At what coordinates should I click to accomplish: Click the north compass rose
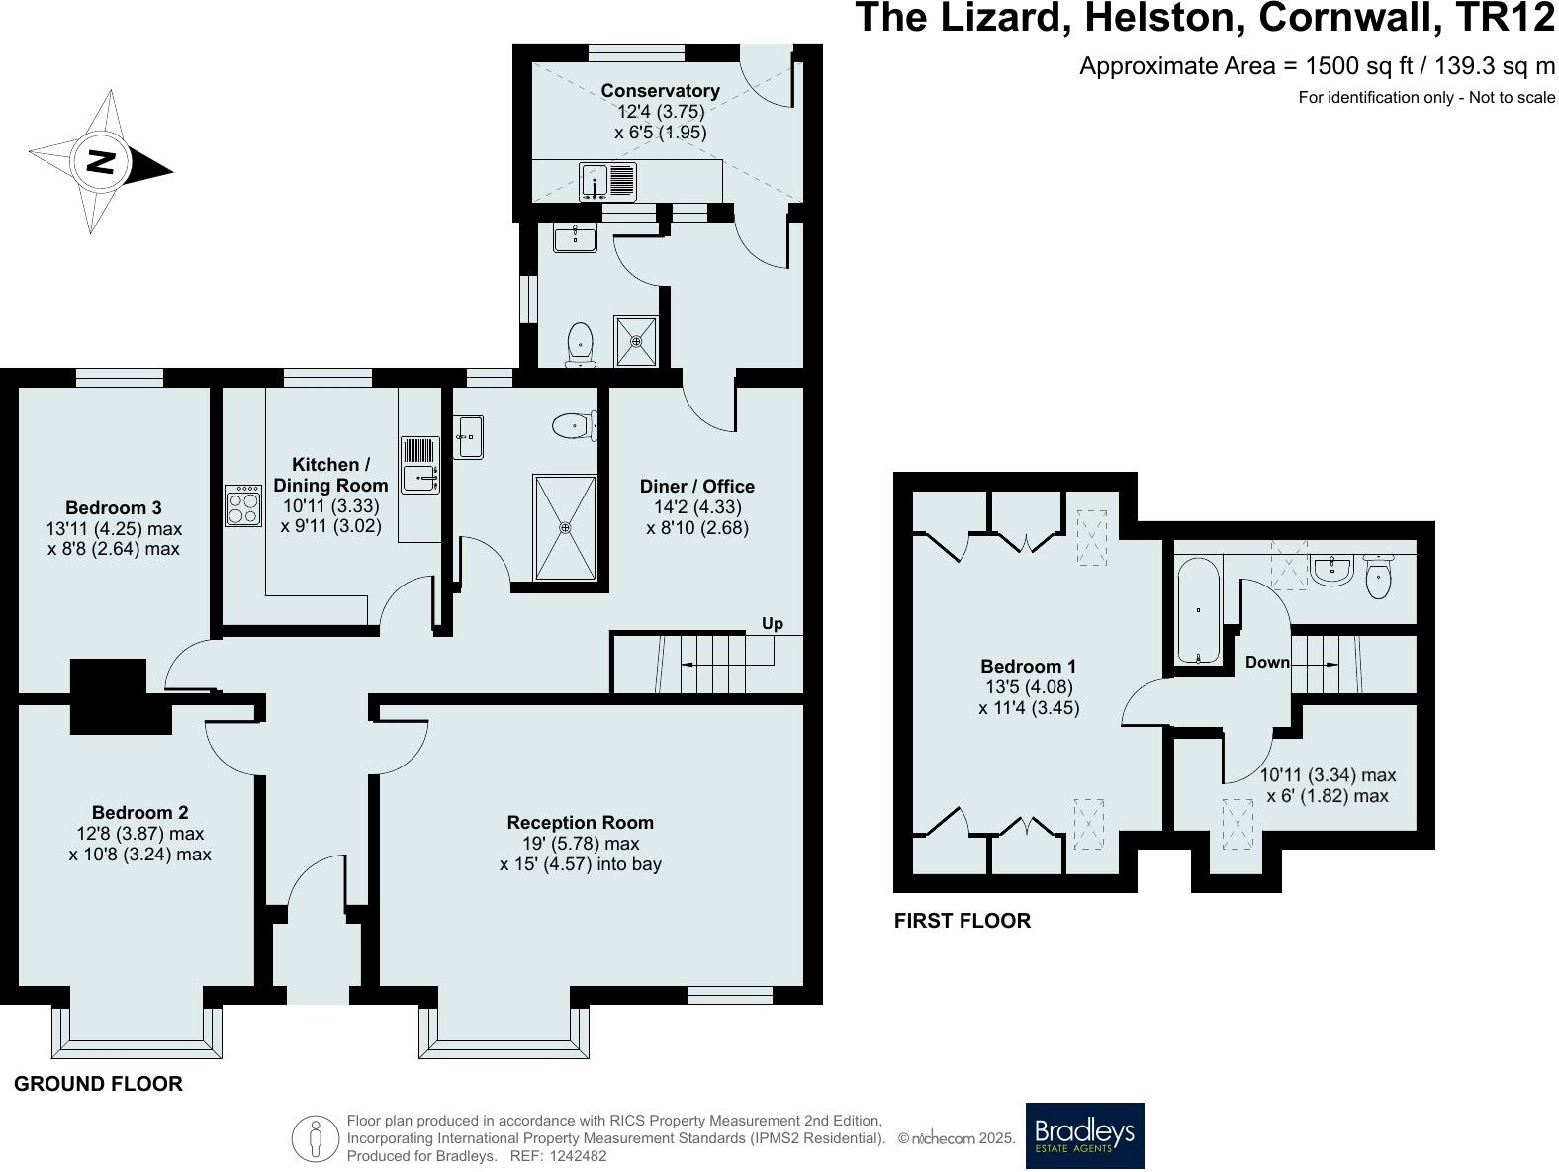tap(100, 162)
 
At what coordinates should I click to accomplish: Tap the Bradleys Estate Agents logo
tap(1084, 1134)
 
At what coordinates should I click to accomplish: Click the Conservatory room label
tap(660, 91)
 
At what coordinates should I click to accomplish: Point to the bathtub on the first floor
tap(1198, 610)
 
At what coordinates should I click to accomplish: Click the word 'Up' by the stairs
tap(772, 623)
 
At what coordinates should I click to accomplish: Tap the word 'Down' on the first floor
tap(1267, 663)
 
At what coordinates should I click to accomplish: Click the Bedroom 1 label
tap(1028, 667)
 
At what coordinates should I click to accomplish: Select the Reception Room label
tap(580, 822)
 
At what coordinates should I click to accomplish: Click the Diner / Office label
tap(696, 486)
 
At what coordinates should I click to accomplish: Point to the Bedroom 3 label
tap(114, 508)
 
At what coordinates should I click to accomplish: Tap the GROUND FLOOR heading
tap(98, 1084)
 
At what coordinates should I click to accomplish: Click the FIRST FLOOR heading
tap(962, 921)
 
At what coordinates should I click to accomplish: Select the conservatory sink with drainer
tap(607, 182)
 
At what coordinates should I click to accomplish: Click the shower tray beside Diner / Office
tap(565, 528)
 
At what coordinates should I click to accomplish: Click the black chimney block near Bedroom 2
tap(108, 695)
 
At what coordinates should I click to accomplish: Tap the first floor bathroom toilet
tap(1378, 578)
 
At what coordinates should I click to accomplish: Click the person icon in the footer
tap(316, 1138)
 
